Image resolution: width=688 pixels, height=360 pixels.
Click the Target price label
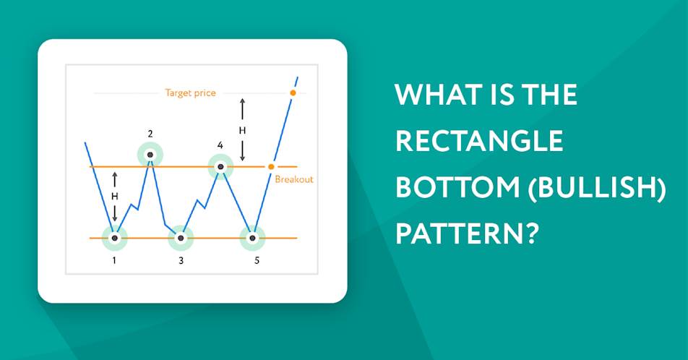pyautogui.click(x=191, y=93)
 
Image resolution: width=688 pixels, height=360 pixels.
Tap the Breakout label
pyautogui.click(x=294, y=179)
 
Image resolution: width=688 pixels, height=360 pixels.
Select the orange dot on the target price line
pyautogui.click(x=293, y=93)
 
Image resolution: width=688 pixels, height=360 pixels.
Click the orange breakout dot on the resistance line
pyautogui.click(x=271, y=167)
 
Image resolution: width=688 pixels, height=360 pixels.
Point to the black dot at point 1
pyautogui.click(x=114, y=238)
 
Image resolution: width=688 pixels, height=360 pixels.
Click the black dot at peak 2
pyautogui.click(x=150, y=155)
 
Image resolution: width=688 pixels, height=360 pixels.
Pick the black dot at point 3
pyautogui.click(x=181, y=238)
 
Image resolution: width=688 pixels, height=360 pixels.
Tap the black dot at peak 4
pyautogui.click(x=220, y=167)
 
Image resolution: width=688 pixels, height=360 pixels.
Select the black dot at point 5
pyautogui.click(x=252, y=238)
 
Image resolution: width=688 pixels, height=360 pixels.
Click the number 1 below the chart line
pyautogui.click(x=114, y=260)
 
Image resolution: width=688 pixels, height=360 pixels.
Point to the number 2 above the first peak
pyautogui.click(x=150, y=134)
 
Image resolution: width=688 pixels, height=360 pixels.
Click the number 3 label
pyautogui.click(x=181, y=261)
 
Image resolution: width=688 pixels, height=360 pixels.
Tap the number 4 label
pyautogui.click(x=220, y=145)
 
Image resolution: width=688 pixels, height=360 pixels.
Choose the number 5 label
pyautogui.click(x=257, y=261)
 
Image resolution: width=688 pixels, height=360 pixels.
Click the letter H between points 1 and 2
pyautogui.click(x=114, y=196)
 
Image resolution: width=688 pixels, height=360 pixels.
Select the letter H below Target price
pyautogui.click(x=242, y=130)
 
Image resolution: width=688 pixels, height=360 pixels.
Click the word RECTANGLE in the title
pyautogui.click(x=479, y=141)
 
